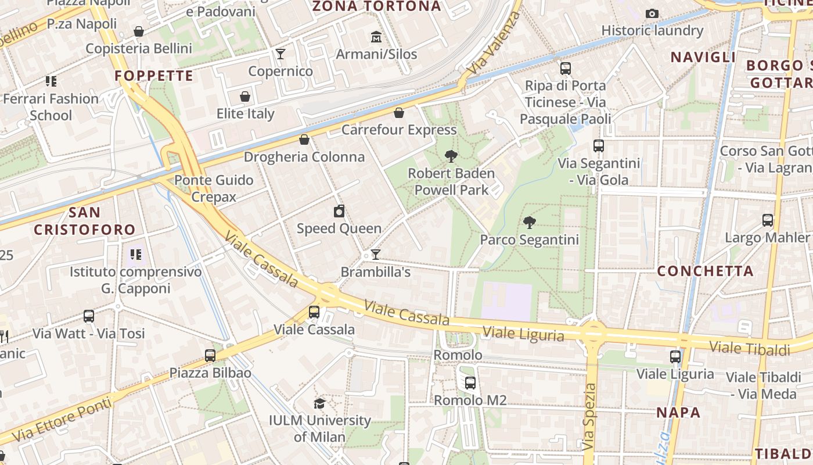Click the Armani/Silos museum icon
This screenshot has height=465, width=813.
click(x=376, y=37)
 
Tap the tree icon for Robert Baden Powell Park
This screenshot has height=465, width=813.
click(x=451, y=156)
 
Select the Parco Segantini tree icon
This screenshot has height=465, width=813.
click(x=529, y=222)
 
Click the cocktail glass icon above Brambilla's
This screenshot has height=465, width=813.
click(x=376, y=255)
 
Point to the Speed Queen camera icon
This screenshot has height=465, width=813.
click(x=339, y=211)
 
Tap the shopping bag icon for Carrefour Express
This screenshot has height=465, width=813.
click(x=399, y=112)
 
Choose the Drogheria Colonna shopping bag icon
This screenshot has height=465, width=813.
click(x=304, y=139)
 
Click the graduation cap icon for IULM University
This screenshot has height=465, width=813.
click(x=319, y=403)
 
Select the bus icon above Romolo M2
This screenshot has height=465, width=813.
click(x=470, y=383)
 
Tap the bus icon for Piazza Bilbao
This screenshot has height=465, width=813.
click(x=210, y=355)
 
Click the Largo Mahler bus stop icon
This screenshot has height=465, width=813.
click(x=768, y=220)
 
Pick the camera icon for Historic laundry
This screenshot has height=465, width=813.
click(x=652, y=13)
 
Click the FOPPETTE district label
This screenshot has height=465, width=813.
click(x=154, y=76)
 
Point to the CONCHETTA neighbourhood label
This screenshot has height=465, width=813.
click(x=705, y=271)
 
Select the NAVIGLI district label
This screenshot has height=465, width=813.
click(x=703, y=57)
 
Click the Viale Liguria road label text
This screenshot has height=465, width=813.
click(x=523, y=334)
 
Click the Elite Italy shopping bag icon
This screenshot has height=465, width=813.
click(x=245, y=96)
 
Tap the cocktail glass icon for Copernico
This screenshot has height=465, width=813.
click(x=280, y=54)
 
